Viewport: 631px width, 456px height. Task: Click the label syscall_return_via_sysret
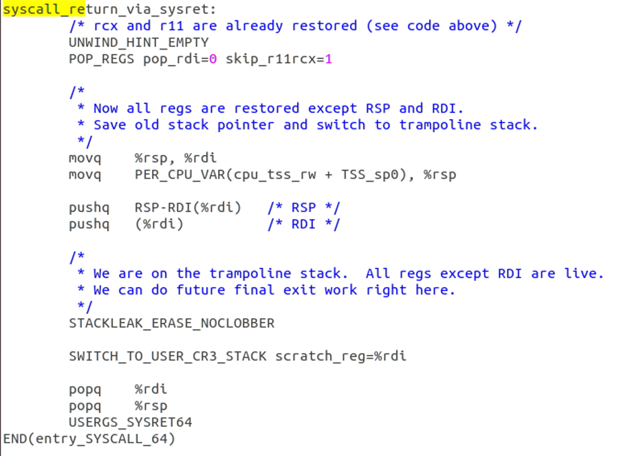pyautogui.click(x=109, y=9)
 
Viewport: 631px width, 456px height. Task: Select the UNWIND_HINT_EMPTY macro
pyautogui.click(x=138, y=43)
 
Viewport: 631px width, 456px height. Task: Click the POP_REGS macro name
pyautogui.click(x=101, y=59)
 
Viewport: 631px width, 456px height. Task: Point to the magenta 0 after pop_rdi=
pyautogui.click(x=213, y=59)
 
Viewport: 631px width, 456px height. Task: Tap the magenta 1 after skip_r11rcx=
pyautogui.click(x=328, y=59)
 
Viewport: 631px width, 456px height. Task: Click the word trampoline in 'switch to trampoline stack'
pyautogui.click(x=440, y=125)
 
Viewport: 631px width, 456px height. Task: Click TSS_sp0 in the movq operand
pyautogui.click(x=370, y=175)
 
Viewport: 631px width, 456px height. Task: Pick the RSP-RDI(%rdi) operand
pyautogui.click(x=188, y=208)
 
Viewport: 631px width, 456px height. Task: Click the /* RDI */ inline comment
pyautogui.click(x=304, y=224)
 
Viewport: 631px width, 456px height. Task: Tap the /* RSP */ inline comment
pyautogui.click(x=304, y=208)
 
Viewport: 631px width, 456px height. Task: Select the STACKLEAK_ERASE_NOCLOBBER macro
pyautogui.click(x=172, y=323)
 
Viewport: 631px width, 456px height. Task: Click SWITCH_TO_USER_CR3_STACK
pyautogui.click(x=167, y=356)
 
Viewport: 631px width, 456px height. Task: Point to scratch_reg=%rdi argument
pyautogui.click(x=341, y=356)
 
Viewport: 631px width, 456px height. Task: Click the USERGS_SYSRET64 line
pyautogui.click(x=130, y=423)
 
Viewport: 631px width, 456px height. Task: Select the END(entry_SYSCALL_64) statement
pyautogui.click(x=89, y=439)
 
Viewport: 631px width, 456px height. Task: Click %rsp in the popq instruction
pyautogui.click(x=151, y=406)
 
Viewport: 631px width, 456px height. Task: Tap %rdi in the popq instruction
pyautogui.click(x=151, y=389)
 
